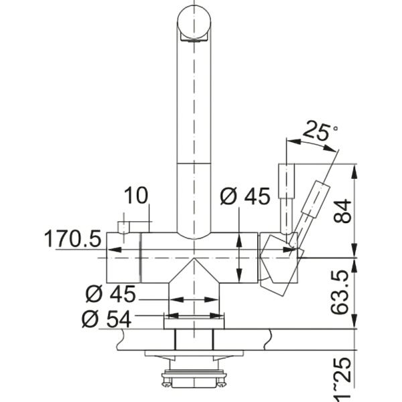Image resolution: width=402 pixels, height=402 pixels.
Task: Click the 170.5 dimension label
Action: (72, 238)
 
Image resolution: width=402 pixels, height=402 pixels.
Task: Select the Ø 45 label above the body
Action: (245, 196)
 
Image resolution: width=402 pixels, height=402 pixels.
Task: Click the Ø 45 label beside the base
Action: (111, 294)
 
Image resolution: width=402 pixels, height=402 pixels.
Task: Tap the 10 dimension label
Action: (136, 196)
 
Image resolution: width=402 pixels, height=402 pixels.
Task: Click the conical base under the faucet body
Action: (194, 285)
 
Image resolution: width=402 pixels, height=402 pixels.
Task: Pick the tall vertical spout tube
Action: (194, 134)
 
